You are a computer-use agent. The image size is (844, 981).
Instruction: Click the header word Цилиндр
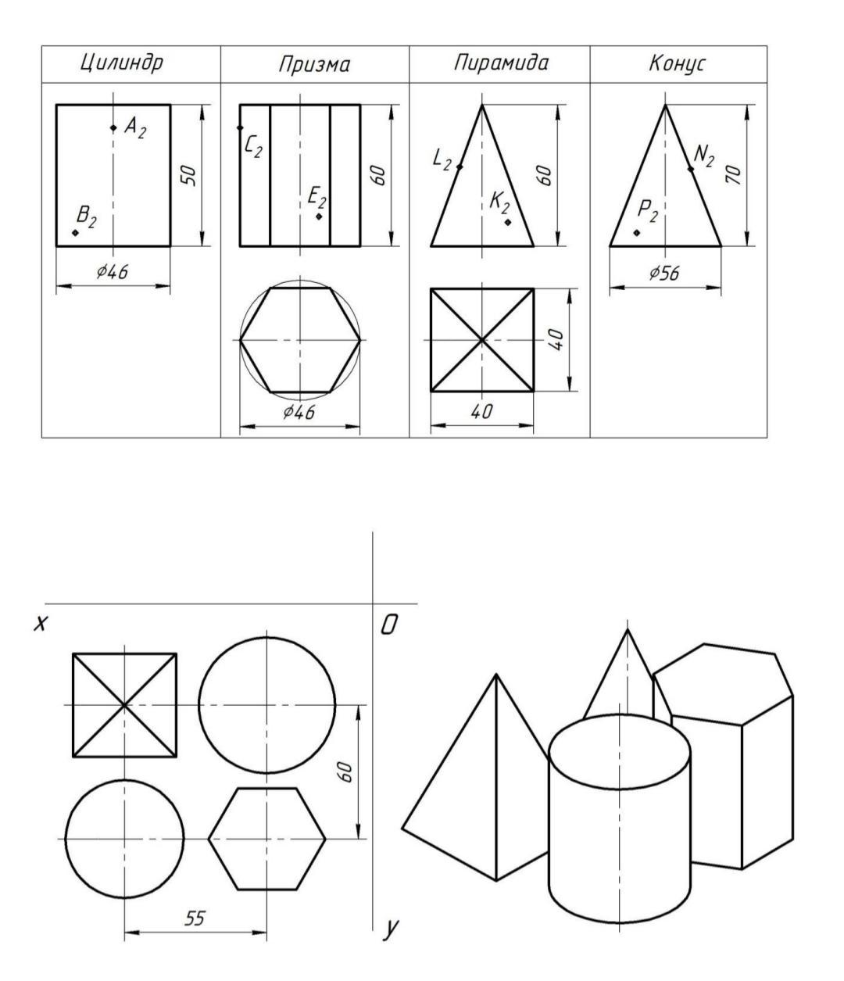tap(122, 63)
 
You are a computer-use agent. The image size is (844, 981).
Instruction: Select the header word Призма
tap(314, 65)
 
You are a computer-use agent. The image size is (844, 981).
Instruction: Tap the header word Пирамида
tap(500, 63)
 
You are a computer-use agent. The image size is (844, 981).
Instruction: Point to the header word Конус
tap(677, 63)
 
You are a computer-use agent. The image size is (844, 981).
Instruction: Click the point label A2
tap(134, 127)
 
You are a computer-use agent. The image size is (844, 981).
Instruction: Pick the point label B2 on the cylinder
tap(86, 217)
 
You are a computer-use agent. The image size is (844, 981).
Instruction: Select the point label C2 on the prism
tap(253, 146)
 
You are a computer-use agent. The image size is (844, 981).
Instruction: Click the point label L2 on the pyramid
tap(442, 159)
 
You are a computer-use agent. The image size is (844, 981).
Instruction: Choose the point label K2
tap(499, 203)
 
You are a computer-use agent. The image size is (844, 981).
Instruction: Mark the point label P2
tap(647, 211)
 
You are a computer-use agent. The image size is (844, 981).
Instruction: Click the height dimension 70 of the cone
tap(734, 175)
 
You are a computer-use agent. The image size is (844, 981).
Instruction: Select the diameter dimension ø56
tap(664, 273)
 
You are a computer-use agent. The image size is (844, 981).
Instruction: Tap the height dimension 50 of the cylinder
tap(189, 175)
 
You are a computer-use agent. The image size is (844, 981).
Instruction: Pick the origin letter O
tap(389, 625)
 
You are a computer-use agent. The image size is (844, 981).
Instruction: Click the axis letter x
tap(41, 624)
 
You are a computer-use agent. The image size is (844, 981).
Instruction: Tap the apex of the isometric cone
tap(628, 629)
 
